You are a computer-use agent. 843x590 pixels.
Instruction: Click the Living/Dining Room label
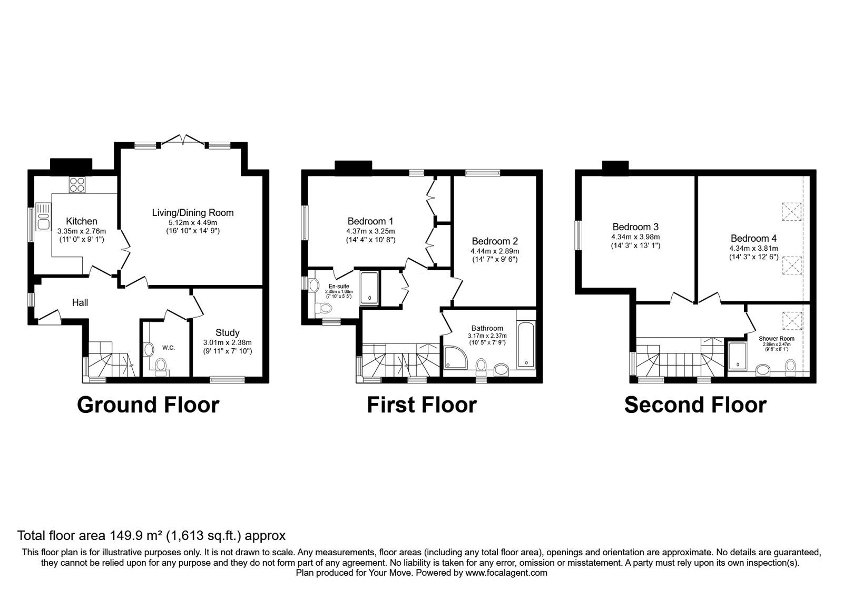192,213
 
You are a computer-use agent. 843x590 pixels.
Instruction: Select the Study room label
227,332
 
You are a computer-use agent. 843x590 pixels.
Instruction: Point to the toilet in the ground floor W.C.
160,365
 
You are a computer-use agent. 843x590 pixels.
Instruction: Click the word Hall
80,302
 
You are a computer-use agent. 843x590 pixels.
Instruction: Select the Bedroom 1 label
370,221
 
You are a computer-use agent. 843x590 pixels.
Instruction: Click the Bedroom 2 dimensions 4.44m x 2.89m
494,251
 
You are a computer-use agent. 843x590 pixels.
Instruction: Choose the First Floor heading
421,405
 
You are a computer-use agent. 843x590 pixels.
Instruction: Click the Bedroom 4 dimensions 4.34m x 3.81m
753,248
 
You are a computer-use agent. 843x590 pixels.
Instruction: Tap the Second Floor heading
695,405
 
